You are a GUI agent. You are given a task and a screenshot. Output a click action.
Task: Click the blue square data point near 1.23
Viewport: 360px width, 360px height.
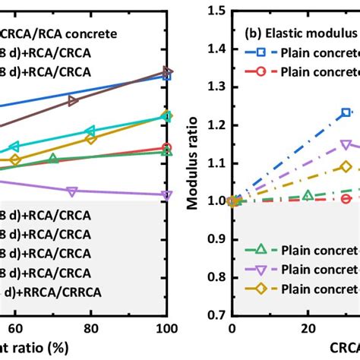pyautogui.click(x=346, y=112)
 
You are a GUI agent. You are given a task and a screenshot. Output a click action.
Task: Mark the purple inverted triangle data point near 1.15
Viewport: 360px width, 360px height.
pyautogui.click(x=346, y=144)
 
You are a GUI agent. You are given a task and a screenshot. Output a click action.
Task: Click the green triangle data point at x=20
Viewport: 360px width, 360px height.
pyautogui.click(x=308, y=196)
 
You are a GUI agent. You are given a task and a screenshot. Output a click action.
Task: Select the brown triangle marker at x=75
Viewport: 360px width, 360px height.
pyautogui.click(x=73, y=100)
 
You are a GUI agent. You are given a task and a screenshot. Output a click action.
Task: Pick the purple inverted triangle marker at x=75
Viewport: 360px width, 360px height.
pyautogui.click(x=72, y=191)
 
